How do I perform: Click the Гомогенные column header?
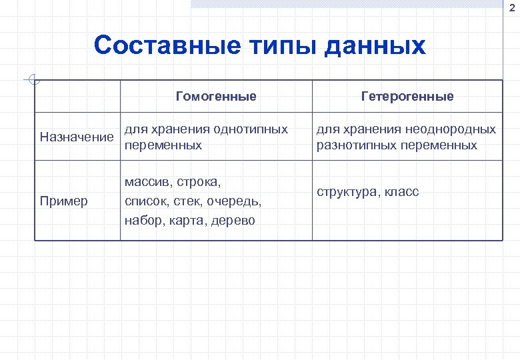click(216, 96)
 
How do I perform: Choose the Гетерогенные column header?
click(407, 96)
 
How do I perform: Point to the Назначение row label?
click(77, 137)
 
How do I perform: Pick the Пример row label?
click(64, 201)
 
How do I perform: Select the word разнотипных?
click(355, 145)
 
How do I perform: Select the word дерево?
click(233, 220)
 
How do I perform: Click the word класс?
click(403, 192)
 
